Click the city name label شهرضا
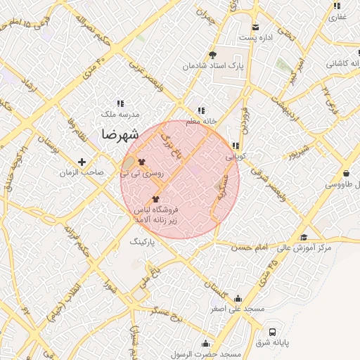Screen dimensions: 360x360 (119, 134)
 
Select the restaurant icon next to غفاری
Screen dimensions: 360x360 (335, 6)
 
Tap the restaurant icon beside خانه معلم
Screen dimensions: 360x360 (202, 110)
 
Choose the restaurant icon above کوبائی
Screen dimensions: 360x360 (235, 146)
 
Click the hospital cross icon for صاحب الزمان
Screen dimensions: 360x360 (82, 162)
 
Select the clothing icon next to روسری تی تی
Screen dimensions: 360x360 (131, 161)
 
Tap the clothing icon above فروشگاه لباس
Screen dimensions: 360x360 (155, 200)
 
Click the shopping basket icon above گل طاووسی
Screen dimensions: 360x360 (346, 173)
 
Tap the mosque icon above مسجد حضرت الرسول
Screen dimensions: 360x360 (205, 343)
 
